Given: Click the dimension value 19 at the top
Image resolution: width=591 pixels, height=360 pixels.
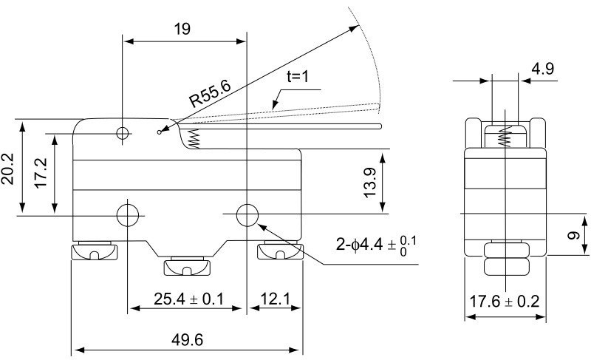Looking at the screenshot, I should pyautogui.click(x=182, y=30).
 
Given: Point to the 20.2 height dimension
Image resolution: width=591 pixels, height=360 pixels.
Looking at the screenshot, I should pyautogui.click(x=9, y=170).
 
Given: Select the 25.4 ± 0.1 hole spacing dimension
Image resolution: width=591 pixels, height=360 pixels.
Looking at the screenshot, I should pyautogui.click(x=188, y=299).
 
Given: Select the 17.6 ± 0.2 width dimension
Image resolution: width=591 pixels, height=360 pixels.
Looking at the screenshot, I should pyautogui.click(x=505, y=301).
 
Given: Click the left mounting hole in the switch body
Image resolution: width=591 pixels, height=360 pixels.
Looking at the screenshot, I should pyautogui.click(x=128, y=215).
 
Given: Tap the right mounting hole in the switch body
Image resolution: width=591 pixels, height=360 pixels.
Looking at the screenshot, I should pyautogui.click(x=247, y=215).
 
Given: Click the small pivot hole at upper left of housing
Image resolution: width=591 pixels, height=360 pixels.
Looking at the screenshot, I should pyautogui.click(x=123, y=134).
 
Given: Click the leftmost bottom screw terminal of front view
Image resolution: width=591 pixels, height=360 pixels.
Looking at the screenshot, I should pyautogui.click(x=94, y=253).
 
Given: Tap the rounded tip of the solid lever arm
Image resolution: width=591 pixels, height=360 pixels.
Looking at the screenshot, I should pyautogui.click(x=380, y=126).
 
